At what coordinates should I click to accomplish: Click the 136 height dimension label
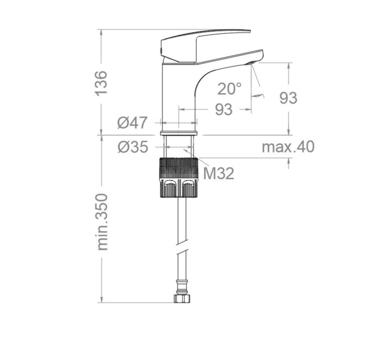coord(101,83)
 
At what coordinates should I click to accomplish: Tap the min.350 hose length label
coord(102,222)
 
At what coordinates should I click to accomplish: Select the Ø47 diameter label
coord(132,123)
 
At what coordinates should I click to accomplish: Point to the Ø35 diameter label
coord(133,147)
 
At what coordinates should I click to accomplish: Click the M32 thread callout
coord(218,173)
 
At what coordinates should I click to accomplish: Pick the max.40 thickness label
coord(288,147)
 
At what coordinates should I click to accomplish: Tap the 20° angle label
coord(230,89)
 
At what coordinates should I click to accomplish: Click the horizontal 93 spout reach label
coord(223,110)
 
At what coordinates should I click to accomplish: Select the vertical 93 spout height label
coord(288,98)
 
